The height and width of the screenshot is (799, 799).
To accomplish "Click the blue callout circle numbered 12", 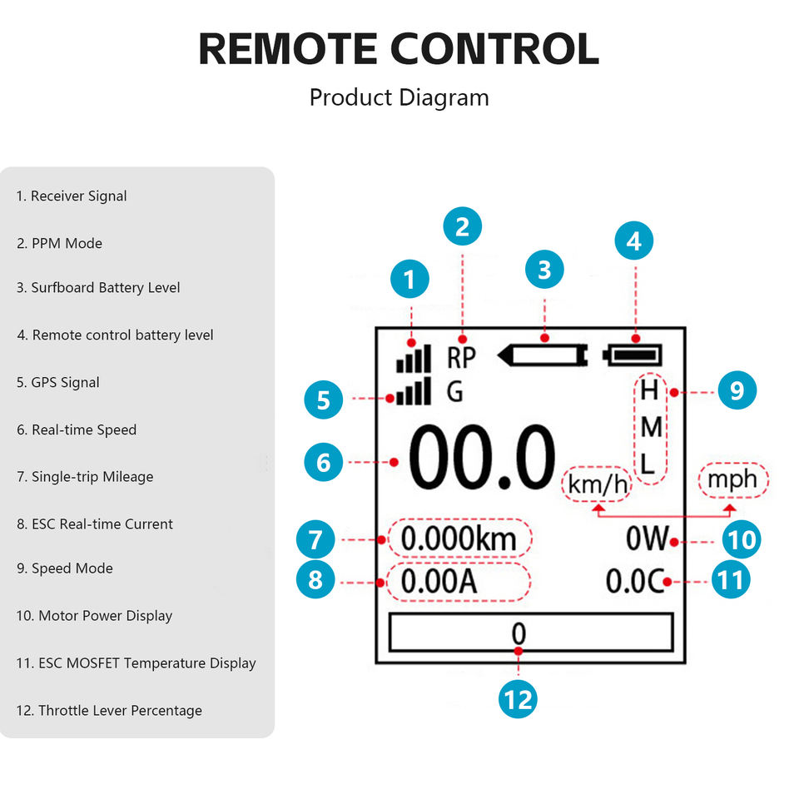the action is coord(518,699).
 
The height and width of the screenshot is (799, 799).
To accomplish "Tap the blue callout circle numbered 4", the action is coord(634,241).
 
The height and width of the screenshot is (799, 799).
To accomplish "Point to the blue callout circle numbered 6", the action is coord(324,462).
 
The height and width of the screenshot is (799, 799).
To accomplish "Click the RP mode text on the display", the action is coord(461,358).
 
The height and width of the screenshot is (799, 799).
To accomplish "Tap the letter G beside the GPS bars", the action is coord(454,392).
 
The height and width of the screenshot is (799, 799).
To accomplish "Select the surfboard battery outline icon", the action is coord(543,355).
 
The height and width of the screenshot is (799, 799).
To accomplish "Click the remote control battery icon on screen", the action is coord(633,355).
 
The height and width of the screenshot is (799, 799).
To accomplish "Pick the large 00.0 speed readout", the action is coord(482,458).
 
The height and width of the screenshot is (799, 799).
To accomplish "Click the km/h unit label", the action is coord(598,484).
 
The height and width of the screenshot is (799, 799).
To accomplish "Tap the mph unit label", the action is coord(732,480).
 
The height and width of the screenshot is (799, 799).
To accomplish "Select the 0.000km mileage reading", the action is coord(459,538).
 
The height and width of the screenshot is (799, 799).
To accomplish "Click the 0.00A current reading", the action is coord(439,582).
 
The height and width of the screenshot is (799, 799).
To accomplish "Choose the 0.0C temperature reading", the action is coord(635,581).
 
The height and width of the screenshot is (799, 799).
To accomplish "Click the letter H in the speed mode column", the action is coord(650,390).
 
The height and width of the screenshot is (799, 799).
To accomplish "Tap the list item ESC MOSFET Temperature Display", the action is coord(136,663).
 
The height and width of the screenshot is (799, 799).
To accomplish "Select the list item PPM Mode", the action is coord(60,244).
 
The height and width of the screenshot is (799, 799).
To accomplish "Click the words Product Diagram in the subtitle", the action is coord(399,97).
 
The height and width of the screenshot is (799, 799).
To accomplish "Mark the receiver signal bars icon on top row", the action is coord(414,359).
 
